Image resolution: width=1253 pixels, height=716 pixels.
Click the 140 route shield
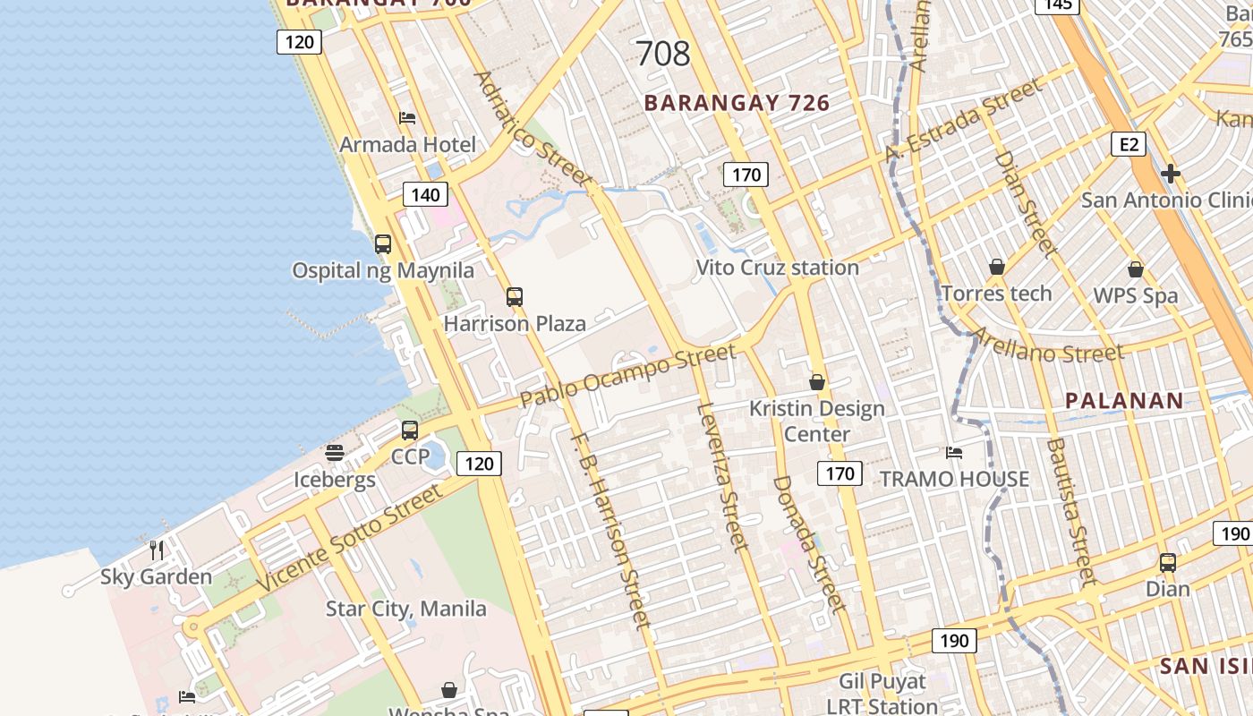(425, 194)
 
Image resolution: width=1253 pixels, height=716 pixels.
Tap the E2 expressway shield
(1129, 144)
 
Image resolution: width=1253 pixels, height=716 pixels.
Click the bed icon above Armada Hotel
(407, 117)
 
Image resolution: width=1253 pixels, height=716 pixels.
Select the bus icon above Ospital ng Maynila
(383, 243)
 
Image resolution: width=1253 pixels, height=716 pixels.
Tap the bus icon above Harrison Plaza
(515, 296)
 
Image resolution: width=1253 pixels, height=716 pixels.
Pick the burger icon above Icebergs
(335, 453)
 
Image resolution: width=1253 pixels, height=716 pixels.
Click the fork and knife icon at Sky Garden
(157, 550)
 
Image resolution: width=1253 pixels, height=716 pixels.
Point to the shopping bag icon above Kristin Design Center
(816, 382)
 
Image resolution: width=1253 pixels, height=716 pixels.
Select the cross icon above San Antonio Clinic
(1171, 173)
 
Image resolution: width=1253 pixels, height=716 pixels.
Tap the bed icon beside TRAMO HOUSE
(954, 453)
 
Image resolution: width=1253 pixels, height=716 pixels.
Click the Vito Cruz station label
(777, 267)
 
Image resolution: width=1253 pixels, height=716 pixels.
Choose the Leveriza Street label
(721, 476)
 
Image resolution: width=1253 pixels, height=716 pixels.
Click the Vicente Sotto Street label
(349, 537)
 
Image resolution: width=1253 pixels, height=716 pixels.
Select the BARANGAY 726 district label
(737, 103)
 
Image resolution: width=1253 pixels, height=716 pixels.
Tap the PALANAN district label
(1124, 400)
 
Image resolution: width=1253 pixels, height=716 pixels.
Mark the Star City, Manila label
(406, 609)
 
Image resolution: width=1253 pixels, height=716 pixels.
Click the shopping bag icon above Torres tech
(997, 267)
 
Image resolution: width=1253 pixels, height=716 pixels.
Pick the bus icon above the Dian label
(1168, 562)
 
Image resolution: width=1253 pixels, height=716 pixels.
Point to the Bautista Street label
(1071, 510)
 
